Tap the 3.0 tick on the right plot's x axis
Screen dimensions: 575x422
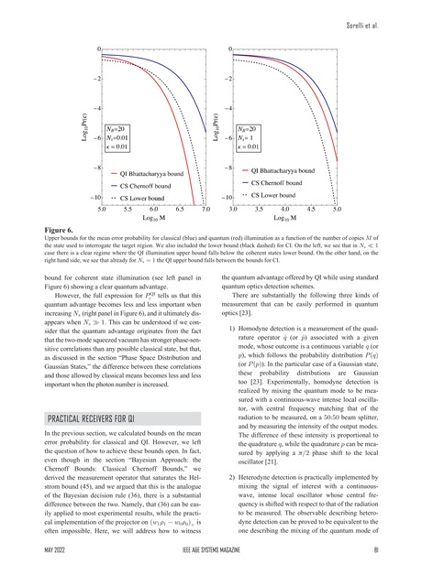coord(233,210)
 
